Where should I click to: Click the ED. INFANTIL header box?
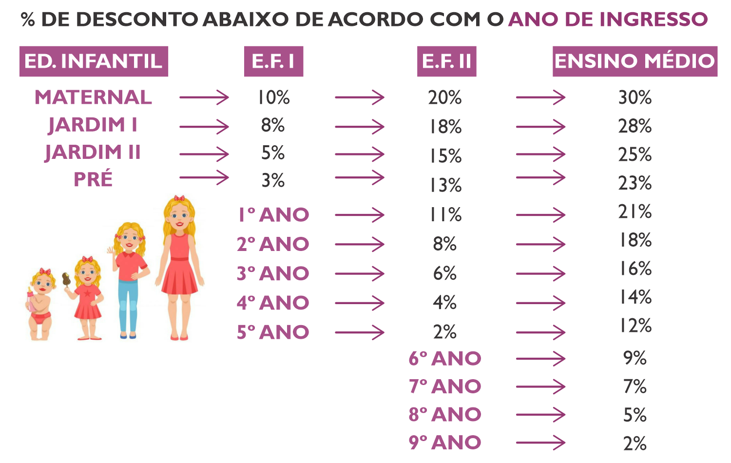tap(94, 61)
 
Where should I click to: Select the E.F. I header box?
tap(273, 61)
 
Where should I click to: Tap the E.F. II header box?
tap(446, 61)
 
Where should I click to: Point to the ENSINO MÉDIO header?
tap(635, 61)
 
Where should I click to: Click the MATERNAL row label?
tap(93, 97)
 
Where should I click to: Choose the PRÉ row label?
tap(93, 179)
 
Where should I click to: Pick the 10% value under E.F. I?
tap(273, 97)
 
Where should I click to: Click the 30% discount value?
tap(635, 97)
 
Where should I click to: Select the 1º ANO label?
tap(273, 215)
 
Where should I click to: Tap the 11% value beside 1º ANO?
tap(445, 215)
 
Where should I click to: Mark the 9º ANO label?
tap(445, 443)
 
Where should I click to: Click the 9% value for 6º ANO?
tap(635, 358)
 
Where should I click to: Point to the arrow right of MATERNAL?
tap(204, 97)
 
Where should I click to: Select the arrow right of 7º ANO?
tap(540, 387)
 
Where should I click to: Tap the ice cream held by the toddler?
tap(66, 279)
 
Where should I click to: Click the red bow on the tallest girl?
tap(179, 198)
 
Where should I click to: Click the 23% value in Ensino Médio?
tap(635, 183)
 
